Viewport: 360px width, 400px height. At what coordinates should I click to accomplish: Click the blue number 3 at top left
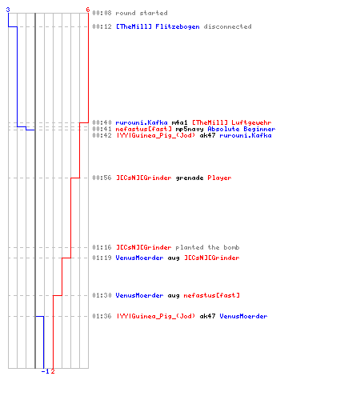[x=8, y=10]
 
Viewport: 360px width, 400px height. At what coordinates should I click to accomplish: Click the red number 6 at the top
[x=88, y=10]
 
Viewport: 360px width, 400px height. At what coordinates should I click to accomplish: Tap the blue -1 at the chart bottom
[x=46, y=371]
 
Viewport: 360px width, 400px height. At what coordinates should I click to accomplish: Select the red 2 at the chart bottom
[x=53, y=371]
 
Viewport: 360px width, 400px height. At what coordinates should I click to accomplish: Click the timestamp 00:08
[x=102, y=13]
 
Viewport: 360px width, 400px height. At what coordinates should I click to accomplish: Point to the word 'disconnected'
[x=227, y=26]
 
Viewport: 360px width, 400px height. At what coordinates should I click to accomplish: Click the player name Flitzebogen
[x=178, y=27]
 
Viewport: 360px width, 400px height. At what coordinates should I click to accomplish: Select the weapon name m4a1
[x=179, y=122]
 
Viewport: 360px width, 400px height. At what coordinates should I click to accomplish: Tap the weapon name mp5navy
[x=190, y=130]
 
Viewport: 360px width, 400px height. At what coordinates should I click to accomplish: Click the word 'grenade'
[x=190, y=178]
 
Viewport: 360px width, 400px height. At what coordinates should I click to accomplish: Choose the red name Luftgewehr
[x=251, y=122]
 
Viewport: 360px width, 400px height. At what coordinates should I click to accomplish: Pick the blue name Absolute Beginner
[x=242, y=130]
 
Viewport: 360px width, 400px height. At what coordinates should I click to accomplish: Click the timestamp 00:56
[x=102, y=178]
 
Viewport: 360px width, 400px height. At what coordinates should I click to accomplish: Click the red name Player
[x=219, y=178]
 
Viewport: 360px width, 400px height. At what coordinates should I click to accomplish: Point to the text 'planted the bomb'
[x=207, y=247]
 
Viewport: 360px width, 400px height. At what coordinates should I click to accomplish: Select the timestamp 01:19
[x=102, y=258]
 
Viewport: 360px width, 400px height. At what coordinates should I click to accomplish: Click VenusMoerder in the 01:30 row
[x=139, y=295]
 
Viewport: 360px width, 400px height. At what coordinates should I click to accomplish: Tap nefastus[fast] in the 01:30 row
[x=211, y=295]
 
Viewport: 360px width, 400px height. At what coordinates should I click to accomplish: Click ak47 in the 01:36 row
[x=207, y=316]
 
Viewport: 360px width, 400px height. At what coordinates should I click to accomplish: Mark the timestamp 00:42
[x=102, y=135]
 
